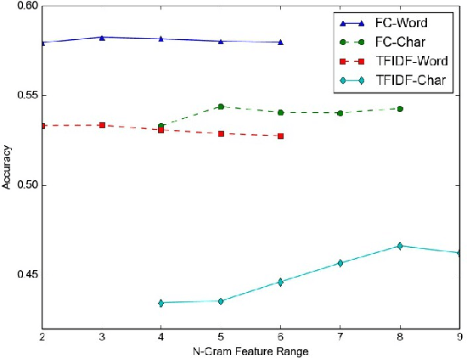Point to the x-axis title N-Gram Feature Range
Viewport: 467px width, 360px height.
pos(250,352)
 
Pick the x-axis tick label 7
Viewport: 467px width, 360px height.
pos(340,337)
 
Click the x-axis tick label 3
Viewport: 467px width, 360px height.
pos(102,337)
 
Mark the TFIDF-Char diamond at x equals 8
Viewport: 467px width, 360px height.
pos(400,245)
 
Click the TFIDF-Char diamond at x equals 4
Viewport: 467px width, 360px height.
pos(161,302)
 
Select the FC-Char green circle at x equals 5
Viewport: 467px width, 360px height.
pos(221,107)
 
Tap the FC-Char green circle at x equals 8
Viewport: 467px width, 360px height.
pos(400,109)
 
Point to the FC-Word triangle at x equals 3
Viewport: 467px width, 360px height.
pos(102,37)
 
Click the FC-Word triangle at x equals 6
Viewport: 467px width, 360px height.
pos(280,42)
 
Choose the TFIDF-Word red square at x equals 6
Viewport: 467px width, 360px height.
pos(280,136)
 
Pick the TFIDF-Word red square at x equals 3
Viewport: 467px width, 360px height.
pos(102,125)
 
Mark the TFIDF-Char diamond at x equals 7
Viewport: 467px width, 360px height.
pos(340,263)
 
